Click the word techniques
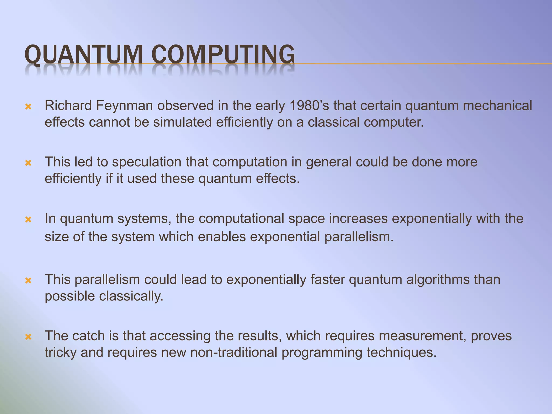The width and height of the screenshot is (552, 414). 401,353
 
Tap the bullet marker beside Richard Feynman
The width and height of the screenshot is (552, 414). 28,107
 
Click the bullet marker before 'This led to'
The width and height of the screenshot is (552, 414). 28,163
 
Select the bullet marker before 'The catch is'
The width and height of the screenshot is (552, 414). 28,337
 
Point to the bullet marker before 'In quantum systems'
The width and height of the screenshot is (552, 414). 28,220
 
